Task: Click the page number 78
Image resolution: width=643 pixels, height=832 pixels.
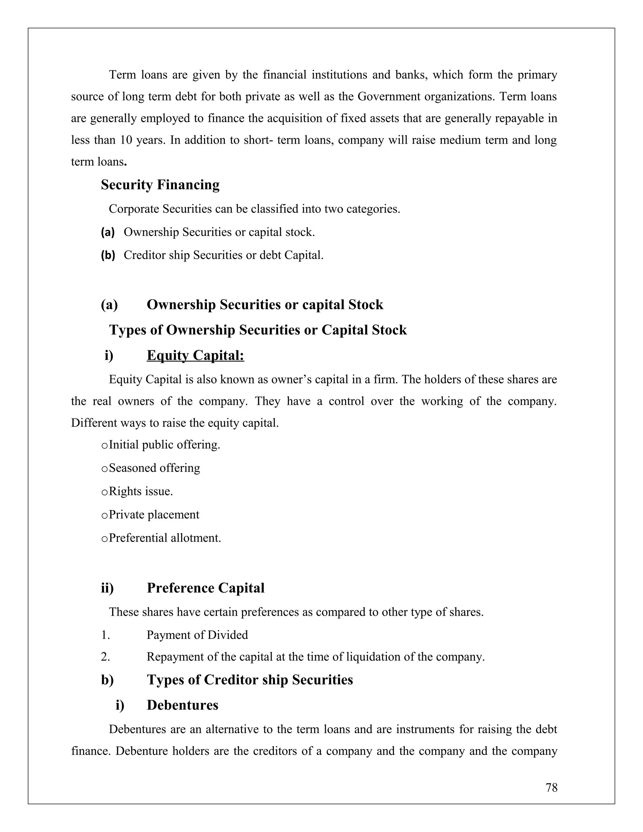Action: (x=551, y=787)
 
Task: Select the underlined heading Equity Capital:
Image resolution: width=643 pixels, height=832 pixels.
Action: (x=195, y=355)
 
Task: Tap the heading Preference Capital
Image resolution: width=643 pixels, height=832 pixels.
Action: (x=205, y=588)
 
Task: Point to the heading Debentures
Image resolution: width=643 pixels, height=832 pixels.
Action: (x=182, y=705)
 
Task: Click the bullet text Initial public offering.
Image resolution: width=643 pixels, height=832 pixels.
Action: (x=164, y=445)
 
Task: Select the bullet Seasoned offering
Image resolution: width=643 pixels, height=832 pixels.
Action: (x=154, y=468)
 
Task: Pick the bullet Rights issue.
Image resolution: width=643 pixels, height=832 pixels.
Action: (x=141, y=491)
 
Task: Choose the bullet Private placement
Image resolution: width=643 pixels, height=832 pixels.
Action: (x=154, y=515)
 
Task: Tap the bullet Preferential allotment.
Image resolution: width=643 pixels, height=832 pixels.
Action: (x=165, y=538)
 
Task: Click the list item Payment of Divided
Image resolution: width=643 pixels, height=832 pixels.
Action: (x=197, y=635)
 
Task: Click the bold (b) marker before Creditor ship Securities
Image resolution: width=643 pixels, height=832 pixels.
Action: (x=108, y=255)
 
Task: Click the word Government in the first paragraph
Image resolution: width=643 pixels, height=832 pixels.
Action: (x=388, y=97)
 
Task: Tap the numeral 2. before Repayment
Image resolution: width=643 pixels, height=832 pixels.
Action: (x=105, y=657)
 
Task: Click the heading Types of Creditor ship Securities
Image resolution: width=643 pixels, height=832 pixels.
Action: (x=250, y=680)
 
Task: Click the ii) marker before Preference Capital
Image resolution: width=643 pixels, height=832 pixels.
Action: (x=107, y=588)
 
